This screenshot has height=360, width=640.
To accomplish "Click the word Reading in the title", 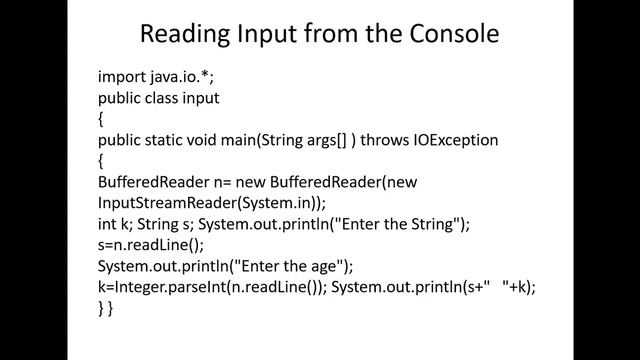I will point(185,35).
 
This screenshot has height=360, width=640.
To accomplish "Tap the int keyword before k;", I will point(107,224).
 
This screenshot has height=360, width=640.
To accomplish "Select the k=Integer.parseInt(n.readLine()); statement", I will point(211,287).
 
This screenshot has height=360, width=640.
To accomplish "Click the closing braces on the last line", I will point(105,308).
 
